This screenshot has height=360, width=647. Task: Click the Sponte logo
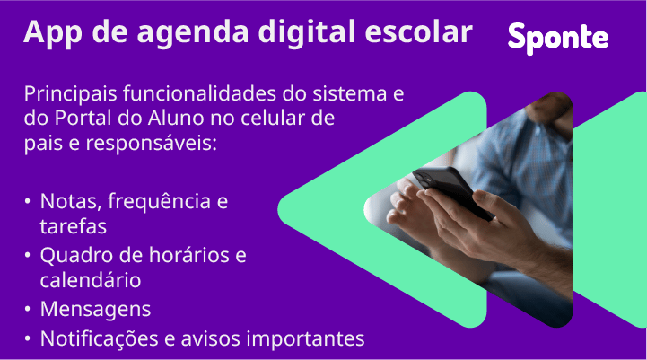click(557, 37)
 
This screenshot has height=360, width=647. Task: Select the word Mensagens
click(95, 310)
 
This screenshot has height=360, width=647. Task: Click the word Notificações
click(101, 338)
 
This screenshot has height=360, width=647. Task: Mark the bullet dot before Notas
click(29, 201)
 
